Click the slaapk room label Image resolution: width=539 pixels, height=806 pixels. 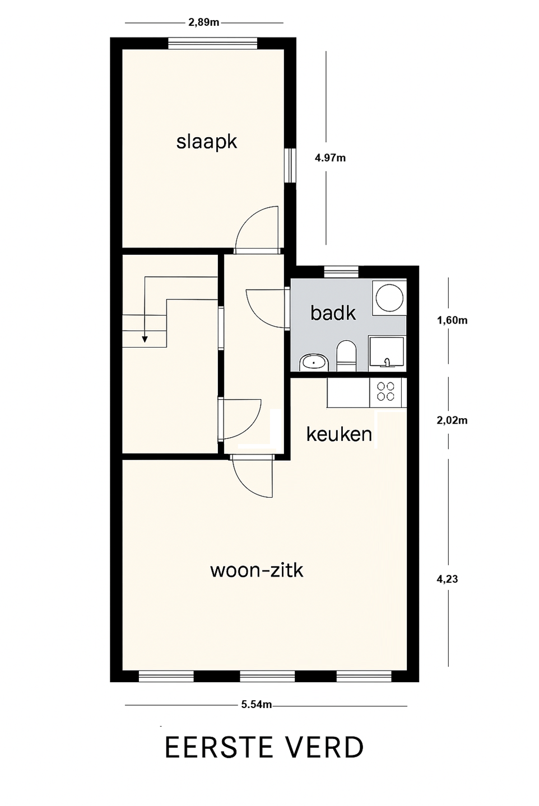click(206, 142)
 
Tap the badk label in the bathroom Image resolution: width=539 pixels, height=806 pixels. click(333, 313)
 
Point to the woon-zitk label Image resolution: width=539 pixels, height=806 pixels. click(257, 571)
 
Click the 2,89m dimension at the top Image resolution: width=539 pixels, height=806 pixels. click(203, 22)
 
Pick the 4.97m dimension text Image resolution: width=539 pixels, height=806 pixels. click(330, 158)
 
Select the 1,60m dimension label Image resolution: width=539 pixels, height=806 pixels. click(452, 320)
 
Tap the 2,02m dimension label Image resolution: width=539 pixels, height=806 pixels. click(452, 420)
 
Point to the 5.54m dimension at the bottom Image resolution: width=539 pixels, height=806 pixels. click(257, 705)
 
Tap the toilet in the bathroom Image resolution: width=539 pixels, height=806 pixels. click(346, 355)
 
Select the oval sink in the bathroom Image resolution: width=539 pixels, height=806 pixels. click(314, 362)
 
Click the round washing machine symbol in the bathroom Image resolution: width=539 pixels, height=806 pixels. click(389, 298)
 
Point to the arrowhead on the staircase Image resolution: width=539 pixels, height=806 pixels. click(145, 339)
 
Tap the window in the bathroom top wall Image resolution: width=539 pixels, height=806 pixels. click(341, 271)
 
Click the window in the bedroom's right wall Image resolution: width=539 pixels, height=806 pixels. click(290, 166)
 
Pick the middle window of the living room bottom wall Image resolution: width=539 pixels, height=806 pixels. click(267, 677)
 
